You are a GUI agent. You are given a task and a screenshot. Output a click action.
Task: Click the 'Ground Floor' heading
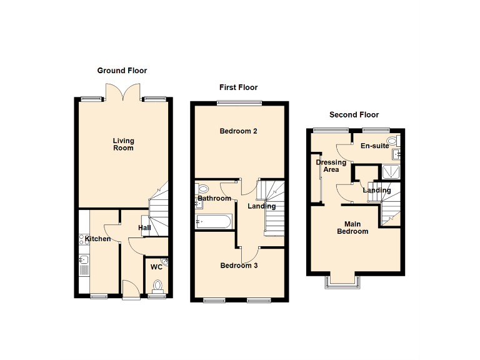coord(122,71)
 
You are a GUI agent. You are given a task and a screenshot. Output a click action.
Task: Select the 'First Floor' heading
coord(238,87)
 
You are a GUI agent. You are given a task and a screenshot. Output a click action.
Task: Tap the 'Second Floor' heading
coord(354,115)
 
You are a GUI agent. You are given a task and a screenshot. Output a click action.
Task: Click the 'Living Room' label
coord(123,144)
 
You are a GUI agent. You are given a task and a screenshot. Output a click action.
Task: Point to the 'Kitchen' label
coord(98,239)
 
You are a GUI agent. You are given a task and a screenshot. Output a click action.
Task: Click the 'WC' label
coord(156,267)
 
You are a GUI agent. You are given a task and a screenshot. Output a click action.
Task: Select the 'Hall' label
coord(145,228)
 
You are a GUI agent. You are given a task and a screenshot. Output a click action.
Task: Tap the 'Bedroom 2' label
coord(238,131)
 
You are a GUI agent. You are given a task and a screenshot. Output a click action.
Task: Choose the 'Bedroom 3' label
coord(239,266)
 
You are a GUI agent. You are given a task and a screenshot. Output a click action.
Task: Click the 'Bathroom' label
coord(214,199)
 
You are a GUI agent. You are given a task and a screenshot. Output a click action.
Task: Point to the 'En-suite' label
coord(375,146)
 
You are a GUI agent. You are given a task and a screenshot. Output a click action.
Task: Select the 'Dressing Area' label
coord(331,166)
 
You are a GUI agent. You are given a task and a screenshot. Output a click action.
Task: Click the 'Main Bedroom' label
coord(353,227)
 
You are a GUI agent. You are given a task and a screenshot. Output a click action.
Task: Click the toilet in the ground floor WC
coord(157,286)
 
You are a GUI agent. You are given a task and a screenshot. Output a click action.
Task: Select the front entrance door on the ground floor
coord(130,290)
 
